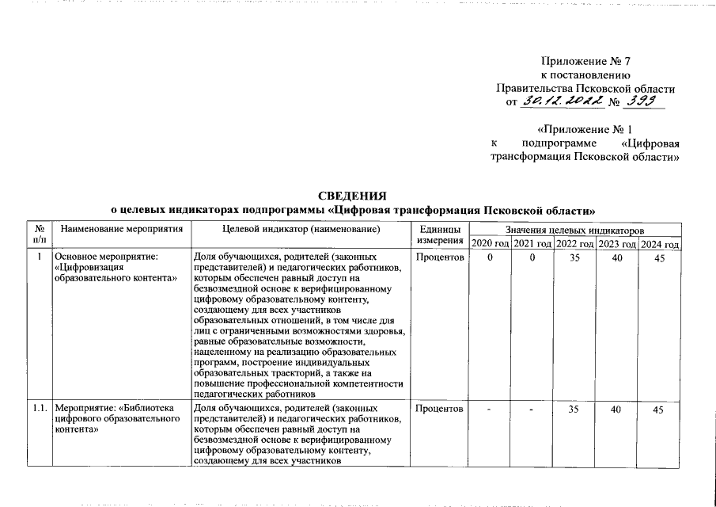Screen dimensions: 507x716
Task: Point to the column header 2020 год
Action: [x=491, y=243]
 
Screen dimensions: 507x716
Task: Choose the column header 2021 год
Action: [x=532, y=243]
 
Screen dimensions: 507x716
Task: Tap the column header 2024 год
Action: [x=659, y=243]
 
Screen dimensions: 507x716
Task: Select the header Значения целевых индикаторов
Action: [x=574, y=229]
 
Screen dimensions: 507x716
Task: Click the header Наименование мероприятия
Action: [x=121, y=229]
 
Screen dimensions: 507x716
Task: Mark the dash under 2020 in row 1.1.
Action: [x=491, y=410]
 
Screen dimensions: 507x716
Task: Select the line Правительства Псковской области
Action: [x=585, y=88]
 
